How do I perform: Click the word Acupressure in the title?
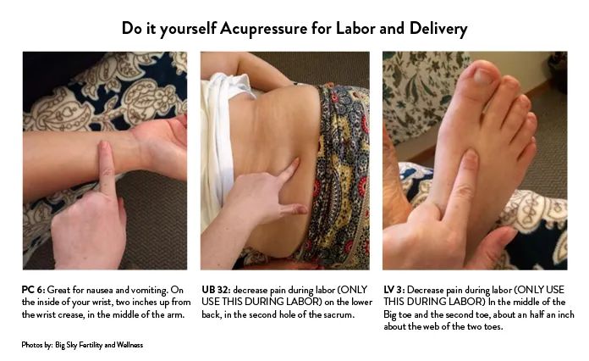click(263, 29)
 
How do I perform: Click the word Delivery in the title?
click(438, 29)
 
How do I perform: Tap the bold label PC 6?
click(33, 290)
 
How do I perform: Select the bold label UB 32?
click(216, 290)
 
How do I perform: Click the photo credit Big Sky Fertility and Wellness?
click(99, 345)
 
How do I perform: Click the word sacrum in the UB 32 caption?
click(339, 314)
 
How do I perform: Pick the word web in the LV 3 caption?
click(431, 326)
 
